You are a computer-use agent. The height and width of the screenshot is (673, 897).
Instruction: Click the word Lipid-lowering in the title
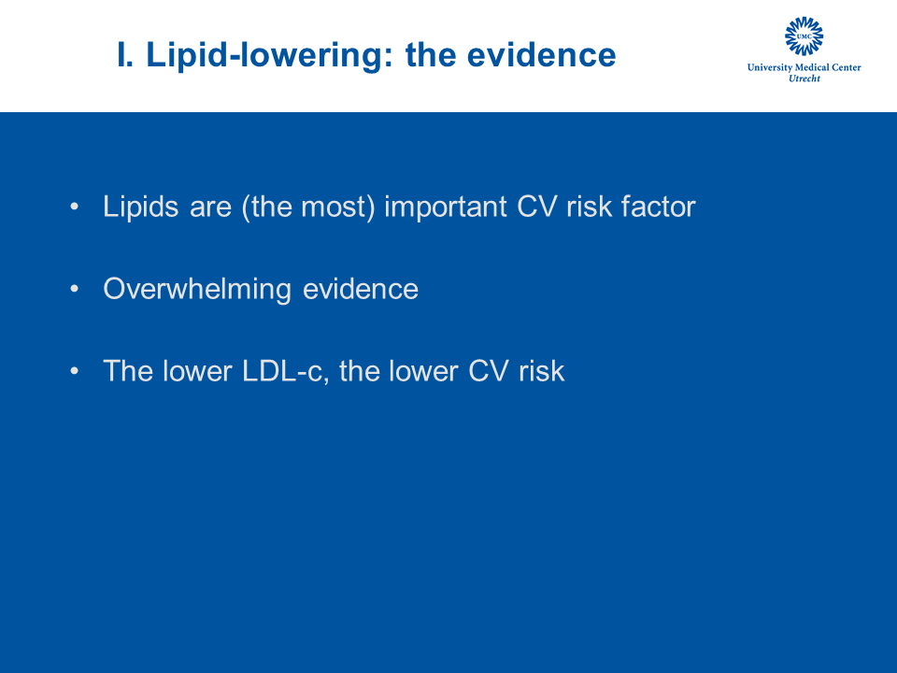(x=269, y=56)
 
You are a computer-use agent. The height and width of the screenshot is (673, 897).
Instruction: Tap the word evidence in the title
(x=541, y=55)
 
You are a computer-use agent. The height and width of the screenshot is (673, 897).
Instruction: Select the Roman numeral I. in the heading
(x=125, y=55)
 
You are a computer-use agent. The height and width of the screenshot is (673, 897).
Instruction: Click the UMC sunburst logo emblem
(x=804, y=36)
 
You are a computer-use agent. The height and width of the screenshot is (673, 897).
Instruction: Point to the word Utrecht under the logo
(x=804, y=79)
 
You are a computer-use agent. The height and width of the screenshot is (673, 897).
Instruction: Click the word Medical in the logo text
(x=812, y=67)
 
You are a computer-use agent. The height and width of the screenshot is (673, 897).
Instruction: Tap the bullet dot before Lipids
(x=75, y=206)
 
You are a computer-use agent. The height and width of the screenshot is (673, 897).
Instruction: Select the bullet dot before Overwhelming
(x=75, y=289)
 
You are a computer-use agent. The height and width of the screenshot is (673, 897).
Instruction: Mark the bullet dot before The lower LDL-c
(x=75, y=371)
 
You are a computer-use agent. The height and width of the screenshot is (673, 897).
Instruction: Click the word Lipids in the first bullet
(x=141, y=207)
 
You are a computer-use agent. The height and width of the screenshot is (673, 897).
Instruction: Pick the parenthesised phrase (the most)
(x=308, y=208)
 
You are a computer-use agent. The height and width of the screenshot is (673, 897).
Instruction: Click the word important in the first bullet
(x=446, y=207)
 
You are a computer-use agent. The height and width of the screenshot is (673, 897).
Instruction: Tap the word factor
(x=659, y=206)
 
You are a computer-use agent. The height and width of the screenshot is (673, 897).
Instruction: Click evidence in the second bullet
(x=361, y=289)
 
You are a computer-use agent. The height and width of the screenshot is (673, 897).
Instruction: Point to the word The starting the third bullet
(x=128, y=371)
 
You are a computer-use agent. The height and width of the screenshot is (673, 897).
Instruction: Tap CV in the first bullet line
(x=536, y=206)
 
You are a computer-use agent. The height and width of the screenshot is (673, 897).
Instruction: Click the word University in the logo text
(x=770, y=67)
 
